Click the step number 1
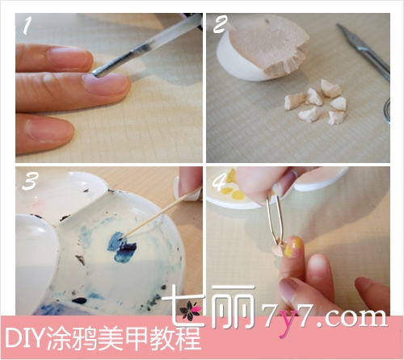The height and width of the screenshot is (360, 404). click(27, 25)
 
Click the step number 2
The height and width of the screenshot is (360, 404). click(221, 24)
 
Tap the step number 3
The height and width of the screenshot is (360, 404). click(30, 180)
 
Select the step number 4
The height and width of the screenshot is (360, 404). click(219, 180)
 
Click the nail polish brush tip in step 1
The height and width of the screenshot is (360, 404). click(95, 73)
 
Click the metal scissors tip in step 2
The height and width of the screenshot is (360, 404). click(339, 26)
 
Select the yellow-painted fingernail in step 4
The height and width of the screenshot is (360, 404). click(293, 247)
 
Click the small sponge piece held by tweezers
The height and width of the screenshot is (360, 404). click(279, 249)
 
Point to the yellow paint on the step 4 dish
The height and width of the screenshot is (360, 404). click(234, 188)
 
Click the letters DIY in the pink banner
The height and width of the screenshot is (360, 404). click(23, 338)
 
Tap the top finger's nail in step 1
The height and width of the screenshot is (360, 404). click(69, 58)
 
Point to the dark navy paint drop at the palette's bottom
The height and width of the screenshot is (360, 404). click(79, 300)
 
